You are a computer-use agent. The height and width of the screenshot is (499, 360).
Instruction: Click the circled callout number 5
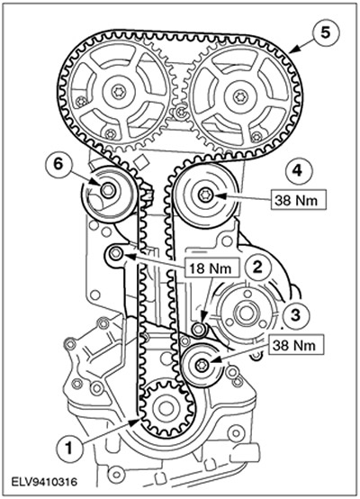[x=325, y=33]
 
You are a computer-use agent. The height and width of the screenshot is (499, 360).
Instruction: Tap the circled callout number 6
[x=58, y=165]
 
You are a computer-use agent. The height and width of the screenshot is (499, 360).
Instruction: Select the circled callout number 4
[x=297, y=171]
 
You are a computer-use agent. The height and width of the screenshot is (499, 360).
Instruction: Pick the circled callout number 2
[x=257, y=267]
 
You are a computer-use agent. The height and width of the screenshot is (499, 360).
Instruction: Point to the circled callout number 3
[x=295, y=315]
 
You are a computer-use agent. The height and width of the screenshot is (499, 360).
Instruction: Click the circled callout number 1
[x=69, y=449]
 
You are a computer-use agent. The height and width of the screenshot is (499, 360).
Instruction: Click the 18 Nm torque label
[x=211, y=268]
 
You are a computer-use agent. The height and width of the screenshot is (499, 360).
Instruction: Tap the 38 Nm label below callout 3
[x=295, y=345]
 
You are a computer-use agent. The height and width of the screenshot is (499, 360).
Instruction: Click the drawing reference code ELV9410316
[x=44, y=482]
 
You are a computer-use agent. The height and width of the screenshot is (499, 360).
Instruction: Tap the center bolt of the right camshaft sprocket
[x=239, y=96]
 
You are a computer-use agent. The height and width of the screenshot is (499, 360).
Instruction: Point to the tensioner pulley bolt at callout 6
[x=107, y=190]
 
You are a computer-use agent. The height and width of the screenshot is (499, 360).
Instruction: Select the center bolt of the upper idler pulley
[x=204, y=195]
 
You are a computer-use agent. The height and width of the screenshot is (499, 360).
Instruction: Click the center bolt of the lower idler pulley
[x=202, y=365]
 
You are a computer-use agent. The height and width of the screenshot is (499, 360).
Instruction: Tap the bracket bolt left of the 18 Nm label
[x=116, y=254]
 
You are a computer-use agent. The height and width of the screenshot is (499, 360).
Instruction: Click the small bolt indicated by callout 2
[x=199, y=329]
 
